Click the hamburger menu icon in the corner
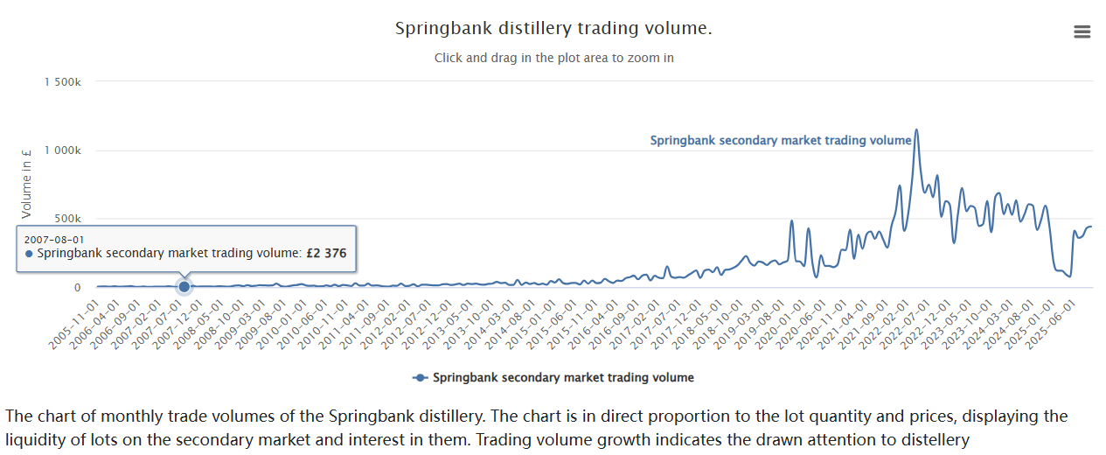point(1082,32)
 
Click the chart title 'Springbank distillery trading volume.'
point(553,29)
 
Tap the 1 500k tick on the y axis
point(62,81)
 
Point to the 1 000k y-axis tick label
point(62,150)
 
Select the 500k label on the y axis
point(67,219)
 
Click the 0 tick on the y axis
point(77,287)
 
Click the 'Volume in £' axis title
point(27,185)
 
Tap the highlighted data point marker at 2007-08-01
point(184,286)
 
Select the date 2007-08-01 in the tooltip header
point(54,239)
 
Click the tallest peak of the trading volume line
point(915,131)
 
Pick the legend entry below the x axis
point(553,378)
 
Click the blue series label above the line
point(781,141)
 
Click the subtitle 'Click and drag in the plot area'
point(553,58)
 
